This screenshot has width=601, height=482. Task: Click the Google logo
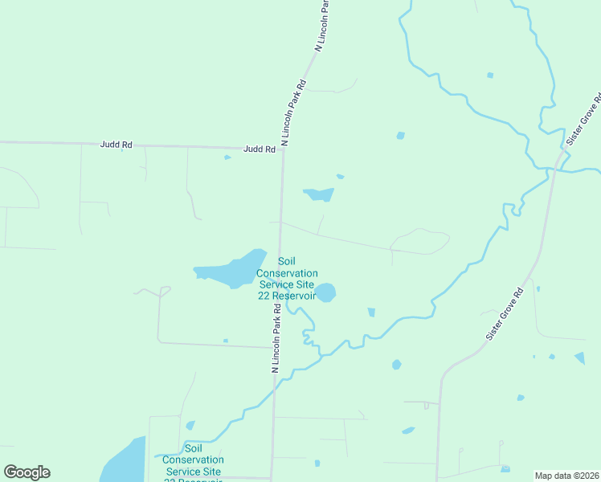[x=27, y=472]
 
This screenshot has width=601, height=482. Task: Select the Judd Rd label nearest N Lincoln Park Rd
[x=259, y=149]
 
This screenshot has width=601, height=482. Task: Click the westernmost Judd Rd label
[x=116, y=145]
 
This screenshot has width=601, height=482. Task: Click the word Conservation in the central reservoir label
[x=287, y=272]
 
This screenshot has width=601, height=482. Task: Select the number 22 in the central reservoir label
[x=263, y=295]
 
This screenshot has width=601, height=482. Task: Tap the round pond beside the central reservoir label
[x=325, y=292]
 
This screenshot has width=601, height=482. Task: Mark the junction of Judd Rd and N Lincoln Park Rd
[x=282, y=149]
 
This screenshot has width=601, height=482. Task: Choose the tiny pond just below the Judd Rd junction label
[x=227, y=157]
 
